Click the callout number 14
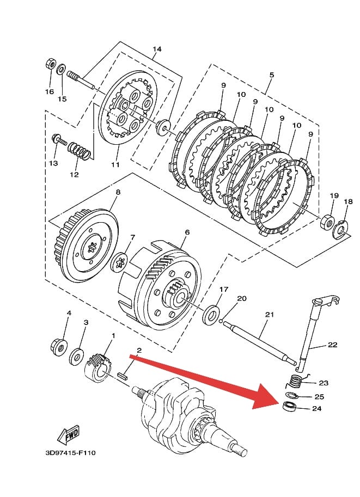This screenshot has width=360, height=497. click(x=157, y=49)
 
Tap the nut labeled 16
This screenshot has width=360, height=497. click(x=50, y=64)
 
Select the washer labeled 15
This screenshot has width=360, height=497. click(x=61, y=69)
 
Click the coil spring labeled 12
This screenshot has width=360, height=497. click(x=80, y=150)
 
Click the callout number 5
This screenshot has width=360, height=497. click(x=272, y=75)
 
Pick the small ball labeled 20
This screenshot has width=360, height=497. click(x=222, y=322)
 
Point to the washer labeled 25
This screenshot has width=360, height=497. click(x=292, y=395)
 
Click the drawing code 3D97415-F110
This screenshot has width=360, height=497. click(x=70, y=453)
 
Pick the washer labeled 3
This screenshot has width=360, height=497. click(x=76, y=357)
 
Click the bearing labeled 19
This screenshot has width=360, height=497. click(x=328, y=222)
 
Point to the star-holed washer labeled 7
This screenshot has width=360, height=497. click(x=120, y=262)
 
